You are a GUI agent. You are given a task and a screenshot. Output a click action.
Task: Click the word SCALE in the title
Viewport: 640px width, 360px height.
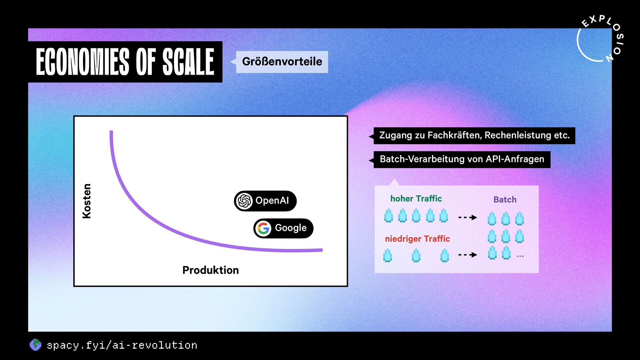[x=188, y=62]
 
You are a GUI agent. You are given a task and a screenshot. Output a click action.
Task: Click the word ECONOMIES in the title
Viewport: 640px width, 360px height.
[x=82, y=62]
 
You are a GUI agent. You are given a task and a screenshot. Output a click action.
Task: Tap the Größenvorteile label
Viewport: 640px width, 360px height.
[x=282, y=62]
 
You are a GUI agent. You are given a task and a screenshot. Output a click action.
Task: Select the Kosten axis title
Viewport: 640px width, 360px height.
[x=87, y=201]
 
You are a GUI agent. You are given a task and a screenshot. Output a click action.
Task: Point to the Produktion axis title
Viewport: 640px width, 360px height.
[x=211, y=270]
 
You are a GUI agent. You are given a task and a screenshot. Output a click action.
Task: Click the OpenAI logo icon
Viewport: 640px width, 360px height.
[x=244, y=201]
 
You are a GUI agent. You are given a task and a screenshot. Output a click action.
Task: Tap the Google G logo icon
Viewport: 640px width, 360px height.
[x=264, y=228]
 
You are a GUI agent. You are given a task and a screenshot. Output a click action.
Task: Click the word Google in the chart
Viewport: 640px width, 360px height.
[x=291, y=228]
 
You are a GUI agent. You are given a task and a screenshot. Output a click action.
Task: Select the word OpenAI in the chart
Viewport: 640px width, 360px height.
[x=272, y=200]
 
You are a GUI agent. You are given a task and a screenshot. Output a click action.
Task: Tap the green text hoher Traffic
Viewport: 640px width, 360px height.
[x=416, y=199]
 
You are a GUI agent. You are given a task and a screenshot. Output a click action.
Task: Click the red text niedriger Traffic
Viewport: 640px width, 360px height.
[x=417, y=239]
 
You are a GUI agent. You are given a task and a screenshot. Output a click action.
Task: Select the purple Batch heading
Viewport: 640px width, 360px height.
[x=505, y=200]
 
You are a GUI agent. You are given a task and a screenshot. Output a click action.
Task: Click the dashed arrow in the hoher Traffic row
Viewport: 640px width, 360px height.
[x=468, y=217]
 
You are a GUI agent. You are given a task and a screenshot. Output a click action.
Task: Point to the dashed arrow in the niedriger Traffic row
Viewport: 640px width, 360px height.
[x=468, y=255]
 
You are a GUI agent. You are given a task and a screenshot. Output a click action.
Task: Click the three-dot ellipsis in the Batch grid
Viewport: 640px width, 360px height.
[x=520, y=256]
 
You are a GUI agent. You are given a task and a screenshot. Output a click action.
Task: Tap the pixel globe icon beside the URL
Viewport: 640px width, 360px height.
[x=35, y=345]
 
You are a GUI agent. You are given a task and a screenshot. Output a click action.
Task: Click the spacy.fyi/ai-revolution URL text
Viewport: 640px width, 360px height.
[x=122, y=345]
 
